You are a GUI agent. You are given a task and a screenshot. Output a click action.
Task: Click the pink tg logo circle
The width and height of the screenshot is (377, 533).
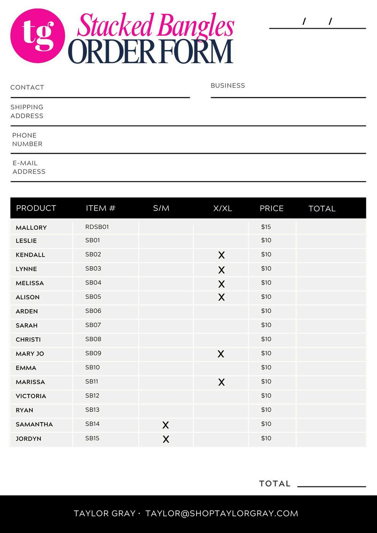[37, 36]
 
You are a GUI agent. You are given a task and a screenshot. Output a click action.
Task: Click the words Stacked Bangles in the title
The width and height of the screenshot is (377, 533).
[155, 25]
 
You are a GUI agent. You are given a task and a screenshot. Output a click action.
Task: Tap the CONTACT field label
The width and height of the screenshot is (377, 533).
[27, 88]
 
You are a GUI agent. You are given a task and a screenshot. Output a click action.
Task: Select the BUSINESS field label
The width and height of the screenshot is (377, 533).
[228, 86]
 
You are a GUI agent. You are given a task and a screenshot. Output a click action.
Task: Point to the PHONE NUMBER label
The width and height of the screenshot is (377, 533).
[27, 140]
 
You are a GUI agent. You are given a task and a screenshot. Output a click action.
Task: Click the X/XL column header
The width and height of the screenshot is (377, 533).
[222, 208]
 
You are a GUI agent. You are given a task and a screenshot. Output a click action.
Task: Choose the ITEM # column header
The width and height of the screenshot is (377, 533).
[100, 208]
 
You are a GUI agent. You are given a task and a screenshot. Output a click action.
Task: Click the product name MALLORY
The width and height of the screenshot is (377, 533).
[31, 228]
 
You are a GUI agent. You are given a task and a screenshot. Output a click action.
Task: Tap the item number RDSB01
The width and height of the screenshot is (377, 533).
[97, 227]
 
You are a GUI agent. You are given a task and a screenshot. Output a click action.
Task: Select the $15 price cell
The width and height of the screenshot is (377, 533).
[266, 227]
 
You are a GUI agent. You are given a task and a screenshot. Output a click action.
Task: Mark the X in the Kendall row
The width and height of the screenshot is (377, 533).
[221, 255]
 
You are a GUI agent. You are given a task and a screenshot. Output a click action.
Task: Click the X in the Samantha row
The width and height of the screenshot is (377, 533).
[165, 425]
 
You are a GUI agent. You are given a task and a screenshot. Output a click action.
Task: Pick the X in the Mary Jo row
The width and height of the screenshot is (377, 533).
[220, 354]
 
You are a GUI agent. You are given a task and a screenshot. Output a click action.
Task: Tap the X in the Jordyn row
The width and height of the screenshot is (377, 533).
[166, 439]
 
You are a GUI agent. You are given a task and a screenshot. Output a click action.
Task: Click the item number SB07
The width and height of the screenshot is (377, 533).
[93, 325]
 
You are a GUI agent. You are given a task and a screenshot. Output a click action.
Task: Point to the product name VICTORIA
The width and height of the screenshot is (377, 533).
[31, 396]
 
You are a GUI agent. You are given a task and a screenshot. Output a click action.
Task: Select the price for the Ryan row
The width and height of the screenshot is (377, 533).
[266, 410]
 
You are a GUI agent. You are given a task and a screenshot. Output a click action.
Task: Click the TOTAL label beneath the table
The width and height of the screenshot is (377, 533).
[275, 484]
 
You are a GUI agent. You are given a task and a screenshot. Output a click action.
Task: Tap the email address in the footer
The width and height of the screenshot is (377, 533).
[222, 514]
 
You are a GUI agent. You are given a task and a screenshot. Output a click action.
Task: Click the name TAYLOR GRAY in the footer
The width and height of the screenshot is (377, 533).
[104, 514]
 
